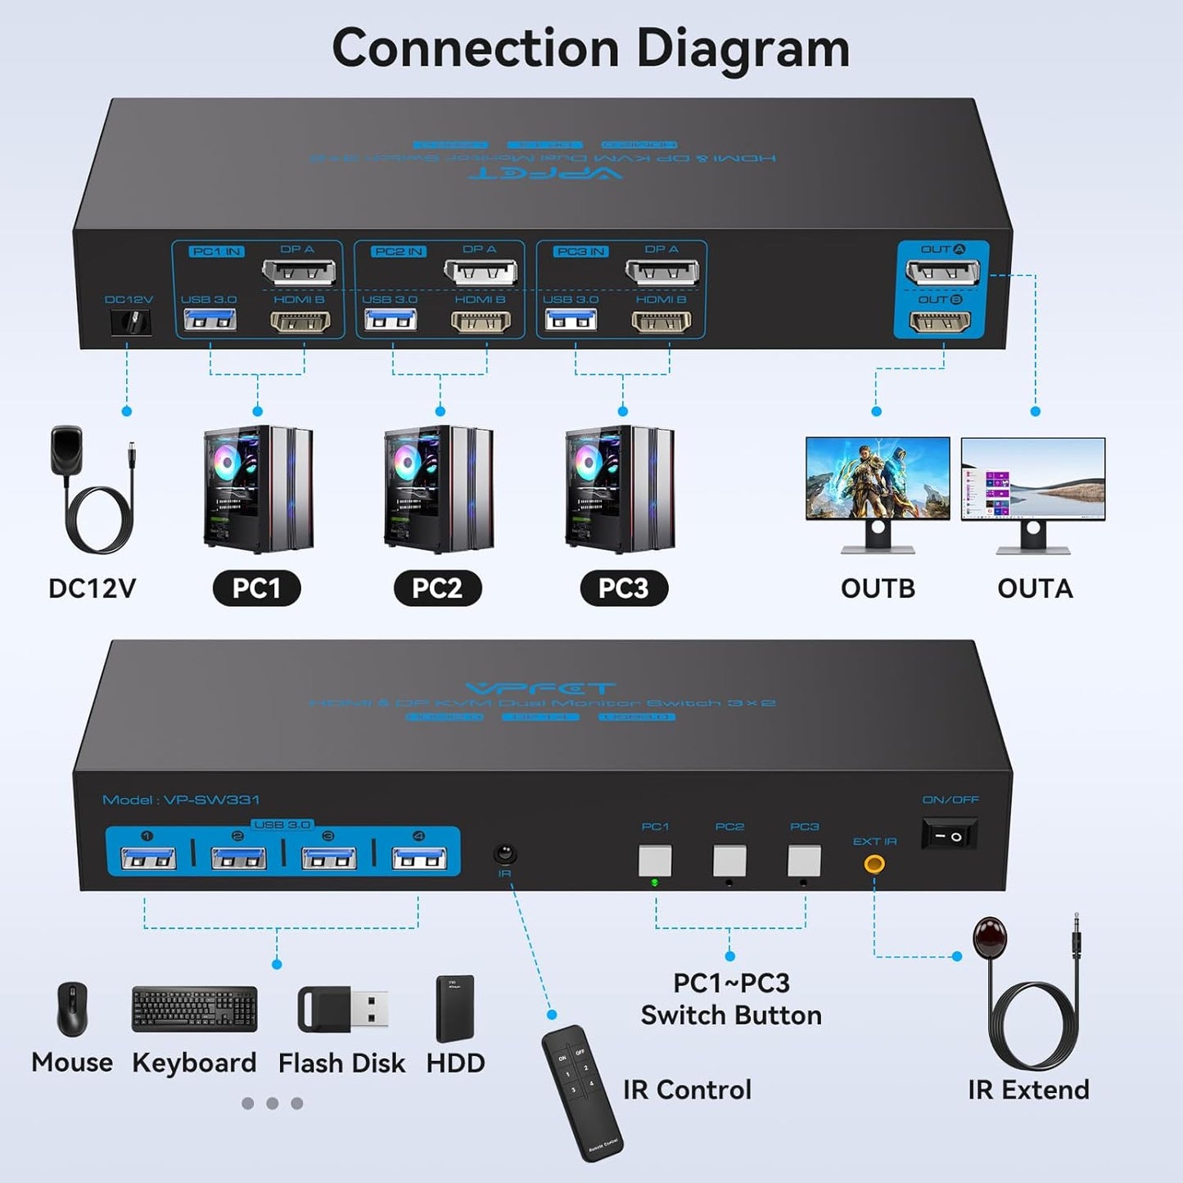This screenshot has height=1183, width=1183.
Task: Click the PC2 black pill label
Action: (x=437, y=589)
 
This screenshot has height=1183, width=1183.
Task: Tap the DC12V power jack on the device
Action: (x=131, y=322)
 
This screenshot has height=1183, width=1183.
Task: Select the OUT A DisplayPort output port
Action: (x=942, y=271)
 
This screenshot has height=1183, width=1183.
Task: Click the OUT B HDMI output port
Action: (x=941, y=321)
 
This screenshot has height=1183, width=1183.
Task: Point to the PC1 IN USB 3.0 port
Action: (x=210, y=319)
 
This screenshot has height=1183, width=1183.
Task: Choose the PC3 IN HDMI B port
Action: (x=661, y=322)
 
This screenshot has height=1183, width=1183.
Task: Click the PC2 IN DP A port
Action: (x=480, y=272)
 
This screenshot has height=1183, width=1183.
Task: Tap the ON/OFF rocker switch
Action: (x=949, y=836)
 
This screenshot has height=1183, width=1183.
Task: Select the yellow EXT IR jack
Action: (x=874, y=863)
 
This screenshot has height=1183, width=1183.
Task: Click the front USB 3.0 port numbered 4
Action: (x=419, y=858)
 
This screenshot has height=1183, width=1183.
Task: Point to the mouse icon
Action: (x=72, y=1009)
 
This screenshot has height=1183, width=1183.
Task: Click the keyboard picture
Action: (x=194, y=1009)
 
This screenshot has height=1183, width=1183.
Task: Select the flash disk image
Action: (x=343, y=1009)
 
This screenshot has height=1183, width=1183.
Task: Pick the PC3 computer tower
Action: (x=620, y=489)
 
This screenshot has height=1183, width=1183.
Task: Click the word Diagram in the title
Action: (x=743, y=48)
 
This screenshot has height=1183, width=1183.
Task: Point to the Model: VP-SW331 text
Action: (x=181, y=800)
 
